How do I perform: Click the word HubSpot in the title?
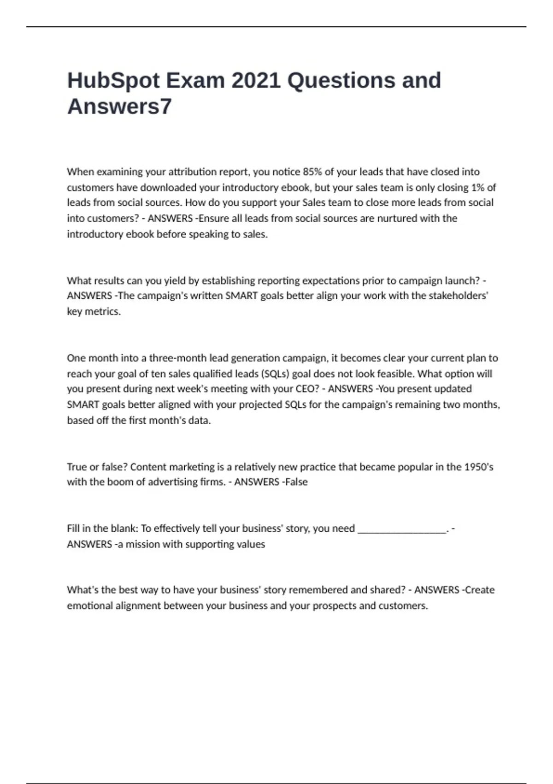113,81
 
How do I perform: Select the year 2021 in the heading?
256,81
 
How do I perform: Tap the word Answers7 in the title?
119,107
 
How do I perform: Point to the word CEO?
307,389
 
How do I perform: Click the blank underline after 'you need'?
402,529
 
